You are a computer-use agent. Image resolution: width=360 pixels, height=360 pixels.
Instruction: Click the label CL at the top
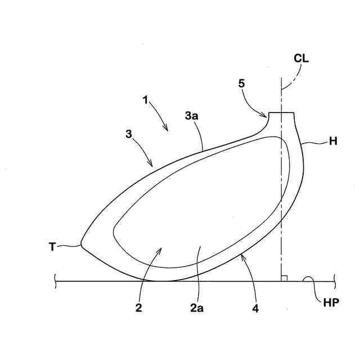301,58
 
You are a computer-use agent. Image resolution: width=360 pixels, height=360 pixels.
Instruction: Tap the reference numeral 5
241,83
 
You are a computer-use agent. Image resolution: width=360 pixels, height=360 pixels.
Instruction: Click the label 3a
191,117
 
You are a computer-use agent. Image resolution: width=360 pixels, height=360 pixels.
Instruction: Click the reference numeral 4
255,309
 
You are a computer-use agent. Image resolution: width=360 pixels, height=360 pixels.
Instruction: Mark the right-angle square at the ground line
285,277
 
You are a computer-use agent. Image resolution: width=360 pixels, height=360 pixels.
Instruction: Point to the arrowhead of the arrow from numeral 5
267,116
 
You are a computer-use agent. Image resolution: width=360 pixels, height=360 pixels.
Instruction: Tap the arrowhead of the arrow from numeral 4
240,254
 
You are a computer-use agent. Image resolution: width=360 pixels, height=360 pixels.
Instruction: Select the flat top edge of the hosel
281,113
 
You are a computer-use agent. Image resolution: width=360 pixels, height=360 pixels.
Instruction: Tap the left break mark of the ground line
55,280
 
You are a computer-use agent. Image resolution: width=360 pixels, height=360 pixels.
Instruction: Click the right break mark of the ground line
334,280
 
